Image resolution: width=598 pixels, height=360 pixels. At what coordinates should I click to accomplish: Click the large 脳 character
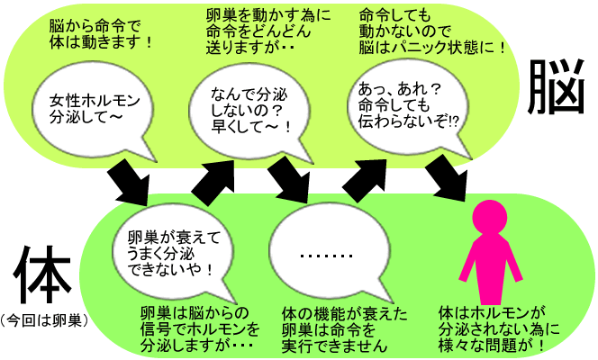click(556, 87)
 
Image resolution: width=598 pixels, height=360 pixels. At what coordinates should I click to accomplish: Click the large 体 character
click(42, 274)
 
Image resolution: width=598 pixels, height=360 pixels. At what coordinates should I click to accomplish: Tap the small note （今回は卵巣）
click(44, 320)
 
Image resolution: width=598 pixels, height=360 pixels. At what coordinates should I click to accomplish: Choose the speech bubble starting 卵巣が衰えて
click(174, 253)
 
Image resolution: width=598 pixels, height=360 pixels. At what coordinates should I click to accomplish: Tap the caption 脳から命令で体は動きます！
click(101, 35)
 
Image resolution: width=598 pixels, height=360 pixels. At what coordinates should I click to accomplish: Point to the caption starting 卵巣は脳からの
click(199, 329)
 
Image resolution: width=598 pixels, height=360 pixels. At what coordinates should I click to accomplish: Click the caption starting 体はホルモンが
click(499, 329)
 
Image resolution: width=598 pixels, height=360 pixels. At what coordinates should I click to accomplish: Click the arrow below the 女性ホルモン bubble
click(128, 183)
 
